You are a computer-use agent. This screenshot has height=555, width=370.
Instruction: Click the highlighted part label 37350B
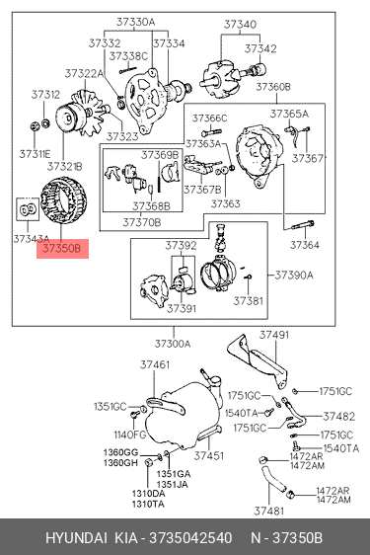pos(62,249)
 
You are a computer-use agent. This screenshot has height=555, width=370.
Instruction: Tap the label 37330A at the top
pos(135,22)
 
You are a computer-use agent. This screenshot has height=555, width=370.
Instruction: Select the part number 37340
pos(240,24)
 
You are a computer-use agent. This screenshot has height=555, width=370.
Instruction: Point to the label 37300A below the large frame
pos(173,344)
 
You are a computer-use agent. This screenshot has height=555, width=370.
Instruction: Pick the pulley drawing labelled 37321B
pos(68,119)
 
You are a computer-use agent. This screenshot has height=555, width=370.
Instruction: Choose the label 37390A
pos(294,275)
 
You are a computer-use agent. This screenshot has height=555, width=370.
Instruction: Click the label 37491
pos(274,335)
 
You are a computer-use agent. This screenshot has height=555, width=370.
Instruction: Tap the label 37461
pos(155,364)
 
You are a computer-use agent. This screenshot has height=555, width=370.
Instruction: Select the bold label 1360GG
pos(120,452)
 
